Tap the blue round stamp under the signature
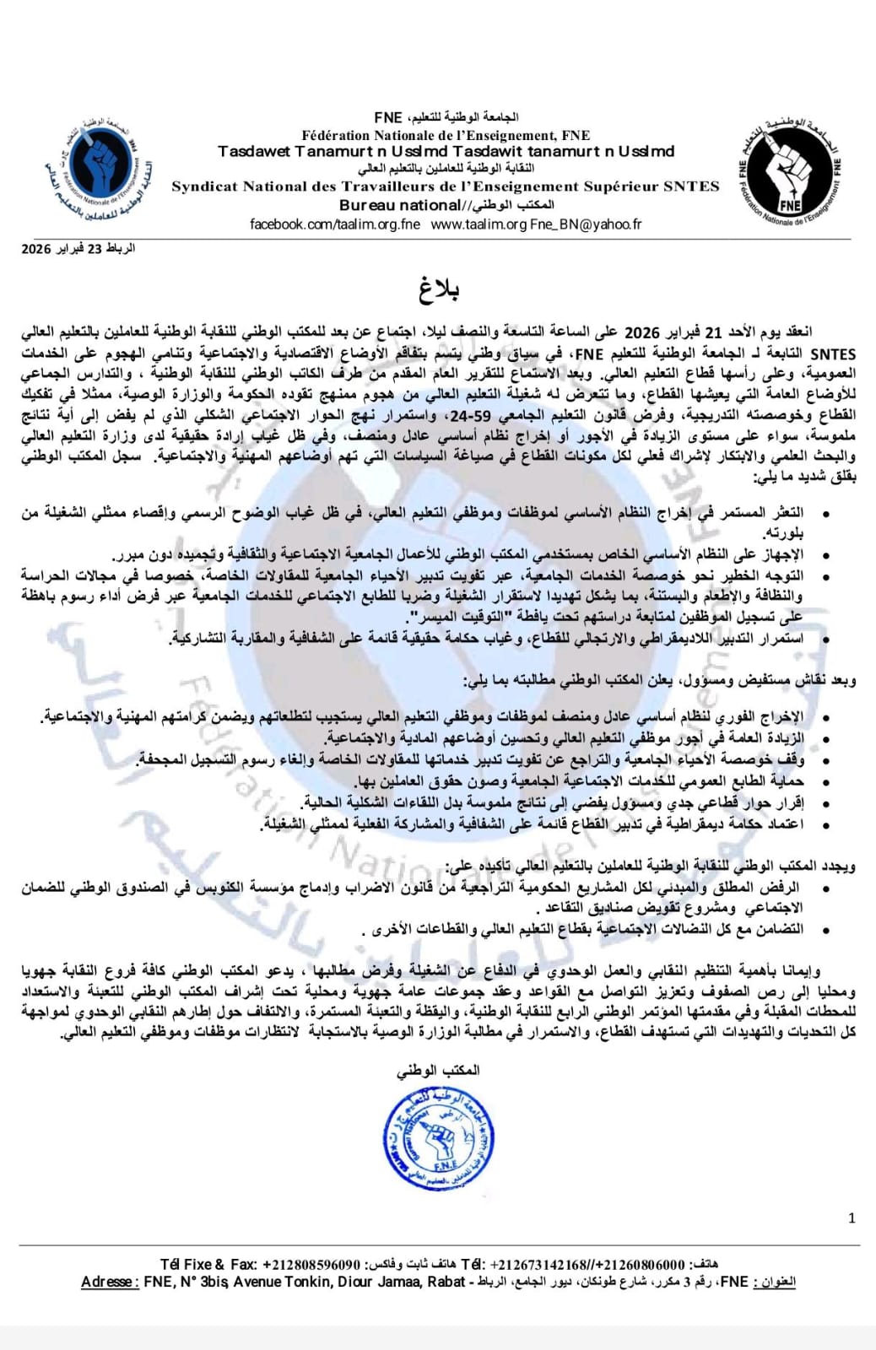(x=438, y=1138)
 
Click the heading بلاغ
(x=439, y=290)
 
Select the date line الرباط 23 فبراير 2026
(x=78, y=249)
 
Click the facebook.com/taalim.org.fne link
(x=335, y=224)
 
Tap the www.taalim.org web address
(x=479, y=224)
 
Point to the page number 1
(x=852, y=1218)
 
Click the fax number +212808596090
(x=311, y=1265)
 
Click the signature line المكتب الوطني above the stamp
(x=438, y=1070)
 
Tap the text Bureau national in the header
(x=399, y=205)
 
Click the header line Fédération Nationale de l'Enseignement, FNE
(x=446, y=135)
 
